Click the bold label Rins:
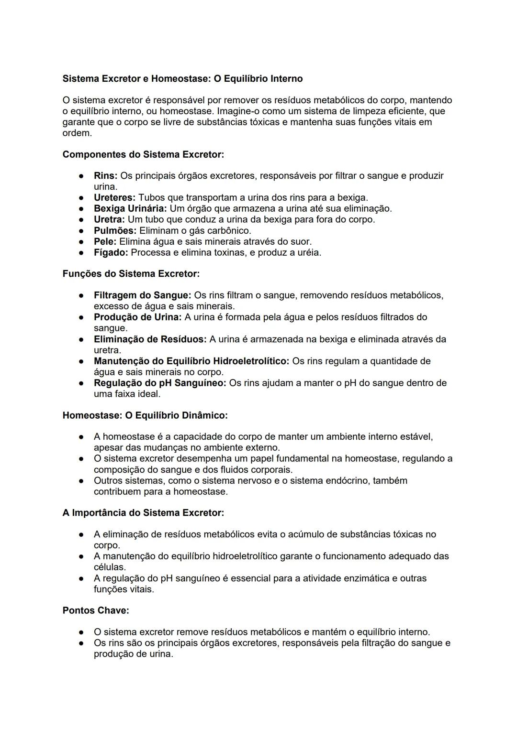105,176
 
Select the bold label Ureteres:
114,198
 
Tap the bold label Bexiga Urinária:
130,209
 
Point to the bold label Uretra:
109,220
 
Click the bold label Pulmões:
115,231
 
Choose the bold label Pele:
105,242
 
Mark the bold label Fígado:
111,253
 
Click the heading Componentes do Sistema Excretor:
143,155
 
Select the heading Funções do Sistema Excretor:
131,274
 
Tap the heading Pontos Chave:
96,611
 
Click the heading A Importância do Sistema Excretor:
143,513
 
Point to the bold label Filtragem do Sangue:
142,295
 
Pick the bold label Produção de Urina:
137,317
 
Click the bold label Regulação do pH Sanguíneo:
160,383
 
